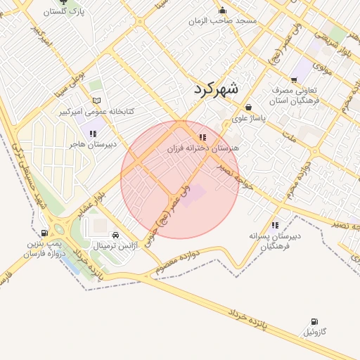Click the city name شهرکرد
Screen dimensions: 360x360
pyautogui.click(x=214, y=89)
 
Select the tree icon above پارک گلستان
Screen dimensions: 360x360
pyautogui.click(x=64, y=1)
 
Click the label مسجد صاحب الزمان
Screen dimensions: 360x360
pyautogui.click(x=223, y=21)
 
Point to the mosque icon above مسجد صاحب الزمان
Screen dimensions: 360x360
pyautogui.click(x=223, y=10)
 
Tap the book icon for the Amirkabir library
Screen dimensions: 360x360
pyautogui.click(x=97, y=101)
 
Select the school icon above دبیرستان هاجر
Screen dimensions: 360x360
pyautogui.click(x=92, y=133)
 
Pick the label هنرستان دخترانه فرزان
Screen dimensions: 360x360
pyautogui.click(x=203, y=148)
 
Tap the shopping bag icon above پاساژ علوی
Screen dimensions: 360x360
pyautogui.click(x=249, y=108)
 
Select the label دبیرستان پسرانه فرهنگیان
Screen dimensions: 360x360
pyautogui.click(x=274, y=241)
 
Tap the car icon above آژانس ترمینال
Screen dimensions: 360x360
pyautogui.click(x=115, y=236)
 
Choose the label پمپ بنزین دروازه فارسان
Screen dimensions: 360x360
pyautogui.click(x=45, y=247)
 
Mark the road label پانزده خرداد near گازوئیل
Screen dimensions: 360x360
pyautogui.click(x=249, y=316)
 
